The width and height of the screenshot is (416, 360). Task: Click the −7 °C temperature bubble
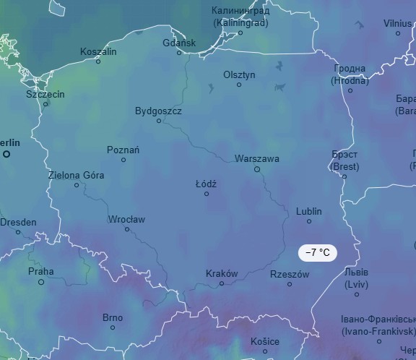pyautogui.click(x=318, y=252)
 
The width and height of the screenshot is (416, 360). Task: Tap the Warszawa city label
pyautogui.click(x=256, y=158)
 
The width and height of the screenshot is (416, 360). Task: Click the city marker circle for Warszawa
pyautogui.click(x=256, y=169)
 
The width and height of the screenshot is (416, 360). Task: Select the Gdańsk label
pyautogui.click(x=179, y=43)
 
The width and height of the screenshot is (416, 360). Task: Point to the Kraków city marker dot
pyautogui.click(x=222, y=283)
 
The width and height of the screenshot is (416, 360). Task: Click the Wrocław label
pyautogui.click(x=126, y=219)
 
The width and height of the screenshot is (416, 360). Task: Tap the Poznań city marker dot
pyautogui.click(x=123, y=160)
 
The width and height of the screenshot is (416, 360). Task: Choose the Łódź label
pyautogui.click(x=207, y=184)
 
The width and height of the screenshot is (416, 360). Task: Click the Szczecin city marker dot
pyautogui.click(x=45, y=104)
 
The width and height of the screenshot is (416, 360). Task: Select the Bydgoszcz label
pyautogui.click(x=158, y=111)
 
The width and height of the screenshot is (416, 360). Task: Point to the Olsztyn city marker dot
pyautogui.click(x=239, y=85)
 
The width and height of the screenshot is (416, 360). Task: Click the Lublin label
pyautogui.click(x=309, y=211)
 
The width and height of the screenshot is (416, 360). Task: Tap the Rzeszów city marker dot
pyautogui.click(x=290, y=284)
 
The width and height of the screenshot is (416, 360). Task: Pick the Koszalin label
pyautogui.click(x=98, y=51)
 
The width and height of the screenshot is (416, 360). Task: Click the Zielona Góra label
pyautogui.click(x=76, y=175)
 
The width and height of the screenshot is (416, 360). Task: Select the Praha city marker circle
pyautogui.click(x=41, y=282)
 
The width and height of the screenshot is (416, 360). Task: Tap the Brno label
pyautogui.click(x=113, y=317)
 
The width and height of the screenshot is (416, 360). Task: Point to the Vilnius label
pyautogui.click(x=398, y=23)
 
